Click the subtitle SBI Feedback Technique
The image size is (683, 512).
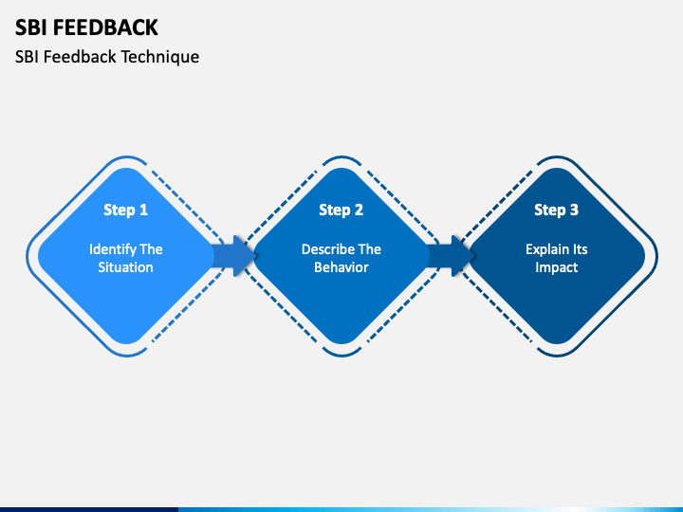(x=107, y=57)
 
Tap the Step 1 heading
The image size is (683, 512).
(x=126, y=210)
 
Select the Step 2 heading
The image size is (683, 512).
(x=341, y=210)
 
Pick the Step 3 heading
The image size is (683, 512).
(x=557, y=210)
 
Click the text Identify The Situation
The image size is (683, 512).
(x=126, y=258)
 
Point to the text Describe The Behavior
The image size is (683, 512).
(x=341, y=258)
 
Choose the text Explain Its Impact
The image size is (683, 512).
(x=557, y=258)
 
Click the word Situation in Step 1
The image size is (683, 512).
(x=126, y=267)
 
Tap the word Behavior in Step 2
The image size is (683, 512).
(x=341, y=267)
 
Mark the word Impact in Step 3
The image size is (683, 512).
(x=557, y=267)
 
